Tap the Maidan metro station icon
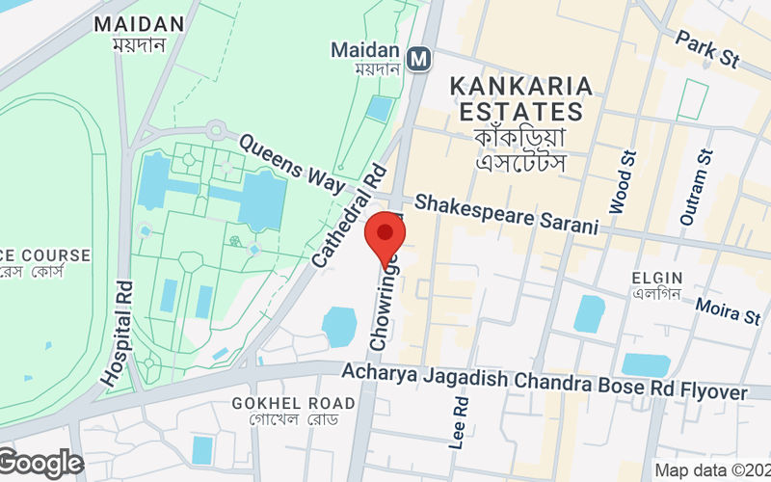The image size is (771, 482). (x=418, y=60)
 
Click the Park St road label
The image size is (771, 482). (x=706, y=49)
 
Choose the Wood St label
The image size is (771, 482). (x=622, y=181)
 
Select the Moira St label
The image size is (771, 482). (x=730, y=311)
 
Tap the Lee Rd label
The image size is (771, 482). (x=460, y=422)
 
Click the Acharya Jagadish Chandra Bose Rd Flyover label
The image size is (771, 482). (x=545, y=382)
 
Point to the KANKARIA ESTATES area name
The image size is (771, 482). (x=519, y=99)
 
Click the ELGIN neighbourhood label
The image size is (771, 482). (x=657, y=279)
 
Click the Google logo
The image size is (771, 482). (x=40, y=464)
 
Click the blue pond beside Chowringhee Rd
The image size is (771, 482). (x=339, y=326)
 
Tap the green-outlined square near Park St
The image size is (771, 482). (x=693, y=99)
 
